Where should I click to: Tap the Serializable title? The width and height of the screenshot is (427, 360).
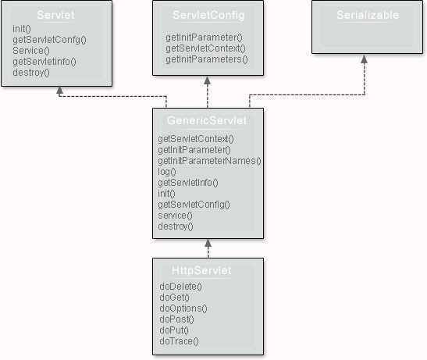click(367, 16)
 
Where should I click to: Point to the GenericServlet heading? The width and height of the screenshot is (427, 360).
click(207, 121)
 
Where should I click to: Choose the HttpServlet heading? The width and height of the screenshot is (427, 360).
click(201, 270)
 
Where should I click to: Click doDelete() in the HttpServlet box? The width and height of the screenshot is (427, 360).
click(180, 287)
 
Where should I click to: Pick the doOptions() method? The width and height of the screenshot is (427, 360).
click(183, 308)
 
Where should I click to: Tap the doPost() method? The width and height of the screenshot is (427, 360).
click(176, 319)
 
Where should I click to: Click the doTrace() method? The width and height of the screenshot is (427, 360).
click(179, 340)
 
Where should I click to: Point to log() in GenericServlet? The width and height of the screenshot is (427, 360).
click(167, 172)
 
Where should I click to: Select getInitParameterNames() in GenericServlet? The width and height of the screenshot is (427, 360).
click(208, 161)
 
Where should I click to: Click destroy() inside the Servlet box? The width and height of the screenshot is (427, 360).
click(31, 73)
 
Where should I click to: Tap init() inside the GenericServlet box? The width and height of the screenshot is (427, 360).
click(166, 194)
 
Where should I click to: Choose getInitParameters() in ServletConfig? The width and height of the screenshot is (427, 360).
click(206, 59)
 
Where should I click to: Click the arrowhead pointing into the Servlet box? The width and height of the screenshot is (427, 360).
click(59, 91)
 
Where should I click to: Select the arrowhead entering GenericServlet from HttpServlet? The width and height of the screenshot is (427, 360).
click(208, 244)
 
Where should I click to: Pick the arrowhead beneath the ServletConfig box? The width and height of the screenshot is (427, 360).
click(208, 80)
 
